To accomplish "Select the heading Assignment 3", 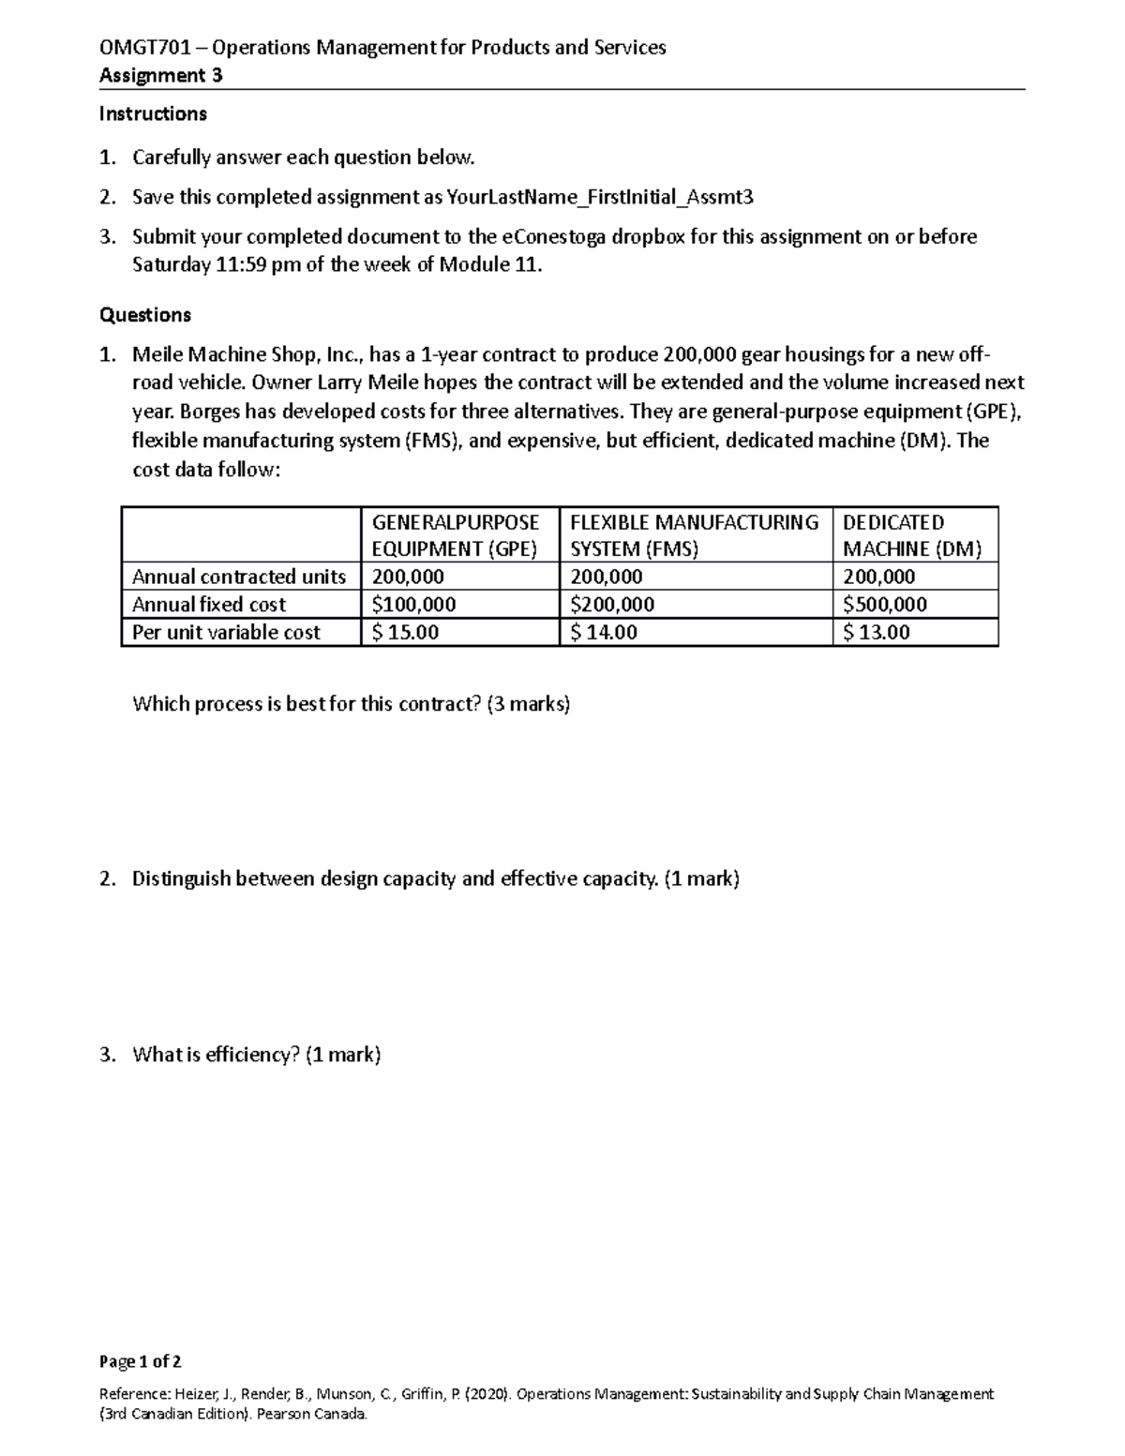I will tap(160, 76).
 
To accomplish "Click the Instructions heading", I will tap(153, 114).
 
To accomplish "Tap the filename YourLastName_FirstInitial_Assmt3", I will tap(600, 197).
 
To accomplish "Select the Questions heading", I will tap(145, 315).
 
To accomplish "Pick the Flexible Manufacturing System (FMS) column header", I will tap(694, 535).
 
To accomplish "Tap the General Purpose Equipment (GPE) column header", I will tap(456, 535).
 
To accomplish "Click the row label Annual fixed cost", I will tap(209, 605).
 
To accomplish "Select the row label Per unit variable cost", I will tap(226, 633).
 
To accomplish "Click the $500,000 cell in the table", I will tap(885, 605).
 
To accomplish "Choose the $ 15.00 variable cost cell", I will tap(405, 633).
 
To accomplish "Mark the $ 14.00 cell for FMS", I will tap(604, 633).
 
